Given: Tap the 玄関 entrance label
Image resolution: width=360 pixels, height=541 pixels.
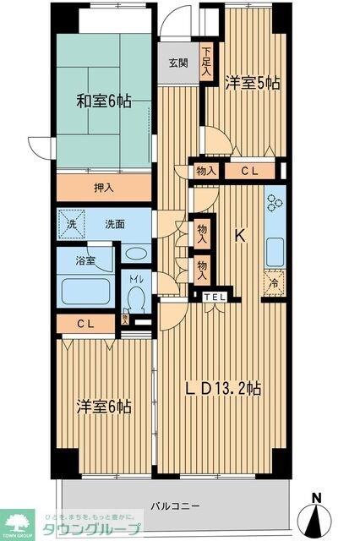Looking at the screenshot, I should point(177,63).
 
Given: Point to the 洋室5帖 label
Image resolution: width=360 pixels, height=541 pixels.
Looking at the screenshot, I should point(253,83).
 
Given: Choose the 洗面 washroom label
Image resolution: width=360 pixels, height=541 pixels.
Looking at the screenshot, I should point(116,225).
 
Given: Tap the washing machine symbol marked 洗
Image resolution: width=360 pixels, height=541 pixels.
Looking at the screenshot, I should point(72,225).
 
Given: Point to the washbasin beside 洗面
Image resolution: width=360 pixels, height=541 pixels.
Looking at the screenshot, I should point(134,253).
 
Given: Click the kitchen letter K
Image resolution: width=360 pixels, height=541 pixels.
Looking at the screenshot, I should point(239,238).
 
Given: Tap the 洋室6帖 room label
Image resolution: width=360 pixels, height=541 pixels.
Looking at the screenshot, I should point(102,407).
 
